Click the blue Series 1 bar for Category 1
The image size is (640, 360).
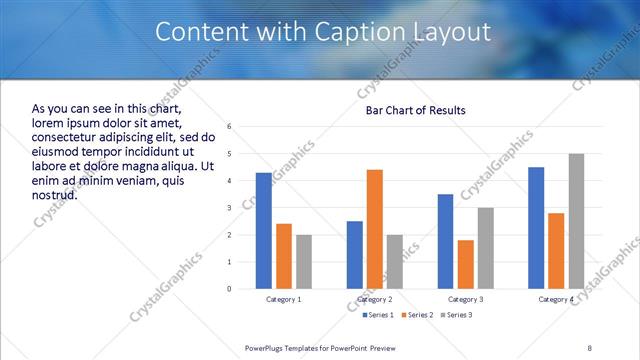pos(263,231)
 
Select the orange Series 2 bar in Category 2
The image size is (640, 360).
pos(375,229)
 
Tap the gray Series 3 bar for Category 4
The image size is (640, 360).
pos(576,221)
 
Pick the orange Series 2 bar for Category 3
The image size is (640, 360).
pos(465,264)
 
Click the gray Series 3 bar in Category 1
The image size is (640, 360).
pos(304,262)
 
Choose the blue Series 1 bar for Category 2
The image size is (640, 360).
pos(355,255)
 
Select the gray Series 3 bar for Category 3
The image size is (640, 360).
pos(485,248)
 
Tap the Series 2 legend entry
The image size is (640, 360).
pos(417,315)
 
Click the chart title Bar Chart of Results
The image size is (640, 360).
pos(409,110)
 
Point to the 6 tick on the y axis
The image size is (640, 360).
pos(230,127)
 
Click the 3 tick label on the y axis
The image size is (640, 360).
pos(230,208)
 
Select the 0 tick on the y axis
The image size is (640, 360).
pos(230,289)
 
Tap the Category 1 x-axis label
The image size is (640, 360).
pos(284,299)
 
